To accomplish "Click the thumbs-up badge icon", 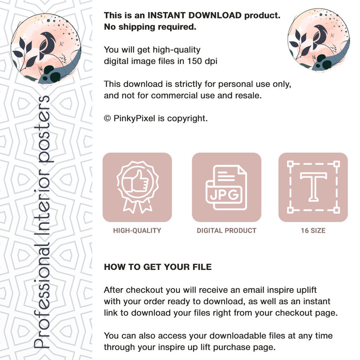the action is click(x=137, y=187).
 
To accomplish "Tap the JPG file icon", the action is click(x=226, y=187).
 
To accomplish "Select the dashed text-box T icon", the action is click(x=313, y=187).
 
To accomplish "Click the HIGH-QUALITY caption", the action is click(x=137, y=230).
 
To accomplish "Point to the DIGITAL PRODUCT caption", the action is click(x=226, y=230).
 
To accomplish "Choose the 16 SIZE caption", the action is click(x=313, y=230).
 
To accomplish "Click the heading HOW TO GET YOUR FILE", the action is click(x=158, y=267).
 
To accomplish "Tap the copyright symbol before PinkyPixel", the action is click(x=107, y=118).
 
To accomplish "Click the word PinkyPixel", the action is click(x=134, y=118).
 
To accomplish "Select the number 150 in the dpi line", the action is click(x=194, y=61).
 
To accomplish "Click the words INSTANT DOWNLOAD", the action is click(x=194, y=15).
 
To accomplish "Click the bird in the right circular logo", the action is click(x=320, y=37).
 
